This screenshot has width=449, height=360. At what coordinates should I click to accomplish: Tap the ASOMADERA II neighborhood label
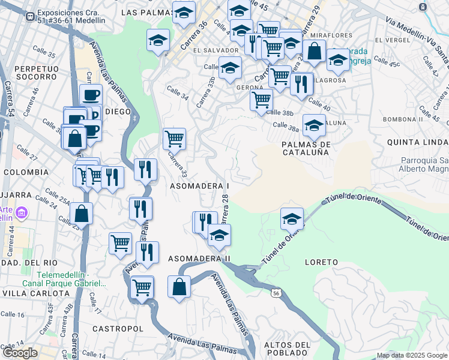click(x=199, y=259)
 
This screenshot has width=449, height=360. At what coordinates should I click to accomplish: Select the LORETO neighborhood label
click(x=321, y=262)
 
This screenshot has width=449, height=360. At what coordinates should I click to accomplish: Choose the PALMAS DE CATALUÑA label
click(x=306, y=148)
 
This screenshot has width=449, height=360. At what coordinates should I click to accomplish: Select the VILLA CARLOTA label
click(x=35, y=293)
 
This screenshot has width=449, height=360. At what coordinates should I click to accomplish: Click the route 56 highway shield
click(x=276, y=293)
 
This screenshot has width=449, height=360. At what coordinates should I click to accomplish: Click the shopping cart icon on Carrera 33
click(x=174, y=139)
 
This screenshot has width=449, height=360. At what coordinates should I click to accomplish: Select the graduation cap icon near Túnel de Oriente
click(x=292, y=218)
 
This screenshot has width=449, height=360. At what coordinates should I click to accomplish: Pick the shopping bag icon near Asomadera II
click(x=179, y=286)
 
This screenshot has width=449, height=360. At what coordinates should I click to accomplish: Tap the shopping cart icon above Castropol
click(x=142, y=287)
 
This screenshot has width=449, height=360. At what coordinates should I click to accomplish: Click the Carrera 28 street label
click(x=225, y=208)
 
